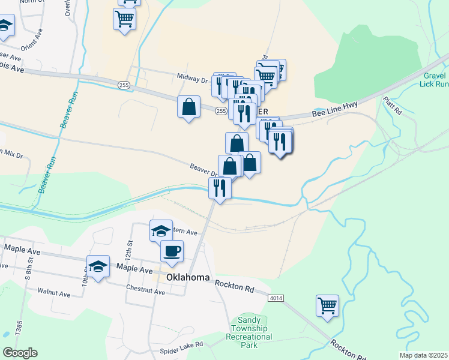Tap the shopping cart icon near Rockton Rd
(x=327, y=305)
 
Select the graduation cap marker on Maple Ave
(x=98, y=267)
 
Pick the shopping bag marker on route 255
(x=188, y=107)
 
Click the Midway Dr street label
(x=192, y=78)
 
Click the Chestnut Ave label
(x=145, y=289)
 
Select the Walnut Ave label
(x=54, y=293)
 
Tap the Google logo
(x=20, y=353)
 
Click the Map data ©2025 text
(x=423, y=355)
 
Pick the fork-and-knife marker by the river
(x=220, y=188)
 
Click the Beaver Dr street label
(x=203, y=170)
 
